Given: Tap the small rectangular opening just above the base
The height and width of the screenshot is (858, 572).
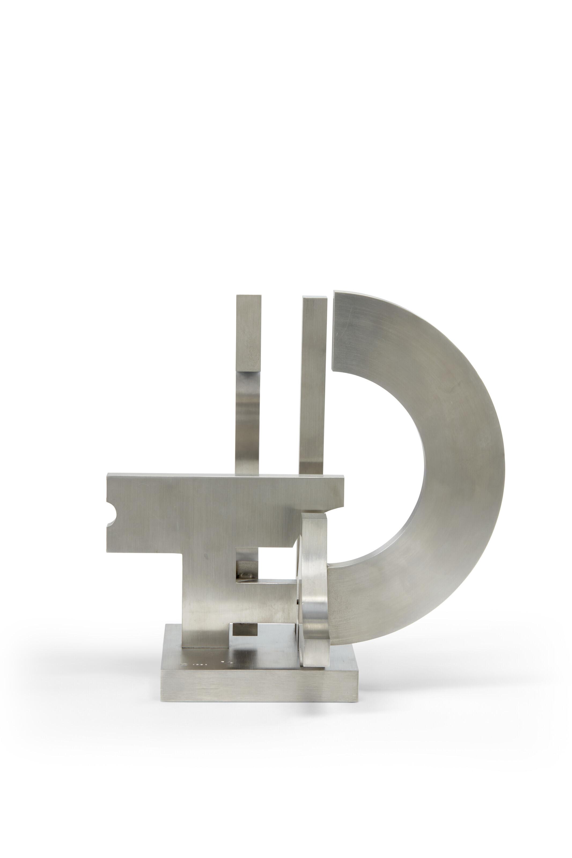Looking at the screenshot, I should [244, 629].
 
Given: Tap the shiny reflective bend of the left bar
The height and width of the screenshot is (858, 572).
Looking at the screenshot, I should [248, 405].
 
